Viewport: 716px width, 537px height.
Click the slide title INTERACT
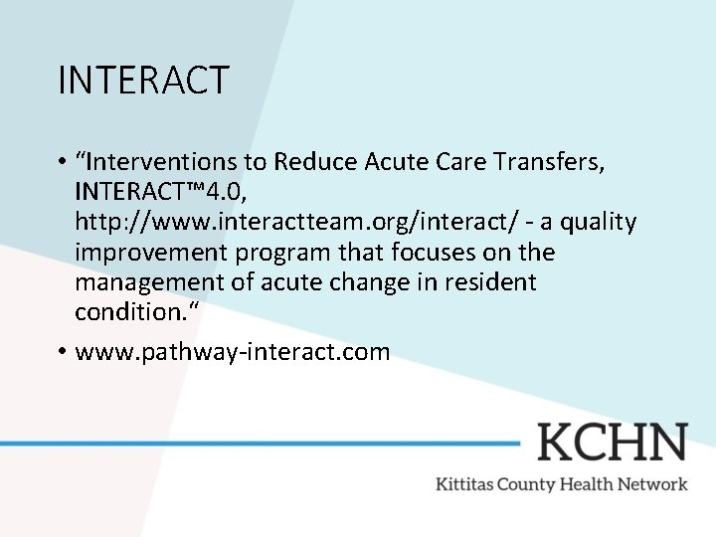(143, 80)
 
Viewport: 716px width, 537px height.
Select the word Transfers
(548, 161)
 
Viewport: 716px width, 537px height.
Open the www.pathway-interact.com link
(233, 351)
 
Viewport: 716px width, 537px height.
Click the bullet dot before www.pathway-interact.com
(62, 351)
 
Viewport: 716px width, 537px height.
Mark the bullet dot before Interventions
(62, 161)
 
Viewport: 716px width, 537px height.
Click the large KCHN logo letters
(612, 442)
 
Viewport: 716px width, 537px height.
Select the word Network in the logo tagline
(650, 484)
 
